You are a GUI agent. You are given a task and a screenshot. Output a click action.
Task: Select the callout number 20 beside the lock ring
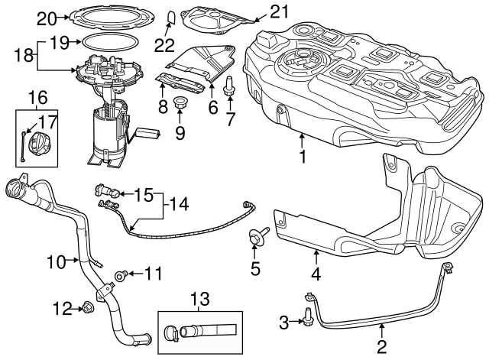[47, 17]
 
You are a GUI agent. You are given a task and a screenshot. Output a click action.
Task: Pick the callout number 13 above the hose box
[199, 298]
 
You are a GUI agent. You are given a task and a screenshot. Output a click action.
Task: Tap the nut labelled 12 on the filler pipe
[86, 308]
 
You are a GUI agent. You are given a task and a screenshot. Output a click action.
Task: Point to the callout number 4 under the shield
[316, 271]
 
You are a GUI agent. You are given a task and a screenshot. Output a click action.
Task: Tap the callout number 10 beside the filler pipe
[57, 262]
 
